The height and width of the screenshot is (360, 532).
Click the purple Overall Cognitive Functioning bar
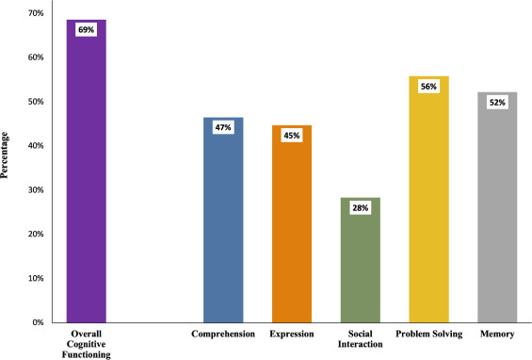click(x=87, y=172)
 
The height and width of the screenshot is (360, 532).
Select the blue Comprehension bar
click(x=223, y=221)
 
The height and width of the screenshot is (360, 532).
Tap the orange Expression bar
click(x=292, y=224)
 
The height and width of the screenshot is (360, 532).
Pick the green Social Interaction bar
click(x=361, y=260)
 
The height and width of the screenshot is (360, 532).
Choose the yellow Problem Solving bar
click(x=428, y=200)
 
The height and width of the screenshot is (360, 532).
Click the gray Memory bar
click(x=497, y=207)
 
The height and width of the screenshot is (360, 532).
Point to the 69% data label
click(x=87, y=30)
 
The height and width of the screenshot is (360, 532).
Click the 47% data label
click(x=223, y=127)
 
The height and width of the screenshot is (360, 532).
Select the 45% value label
click(x=292, y=136)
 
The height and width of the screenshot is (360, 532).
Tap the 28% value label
click(x=361, y=208)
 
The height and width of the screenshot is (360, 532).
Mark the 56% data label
click(x=428, y=87)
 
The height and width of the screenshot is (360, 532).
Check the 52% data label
click(x=497, y=103)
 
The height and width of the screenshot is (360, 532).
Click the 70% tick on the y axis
click(x=36, y=13)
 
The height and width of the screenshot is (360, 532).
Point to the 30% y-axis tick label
click(x=36, y=189)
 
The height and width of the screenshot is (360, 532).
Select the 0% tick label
click(x=38, y=322)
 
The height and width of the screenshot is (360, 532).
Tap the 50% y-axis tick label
click(x=36, y=102)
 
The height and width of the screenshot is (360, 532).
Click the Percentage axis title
click(x=4, y=155)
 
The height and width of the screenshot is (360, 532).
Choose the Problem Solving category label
click(x=428, y=335)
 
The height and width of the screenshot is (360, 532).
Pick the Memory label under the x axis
click(x=497, y=335)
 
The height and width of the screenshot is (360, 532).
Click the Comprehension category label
click(x=223, y=335)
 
